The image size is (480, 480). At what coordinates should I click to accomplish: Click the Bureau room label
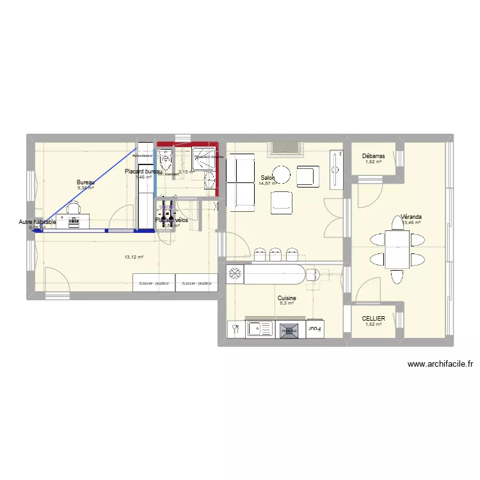pyautogui.click(x=86, y=182)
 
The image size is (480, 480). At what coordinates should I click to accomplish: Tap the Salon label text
pyautogui.click(x=268, y=178)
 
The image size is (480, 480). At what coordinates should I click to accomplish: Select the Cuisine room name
pyautogui.click(x=286, y=298)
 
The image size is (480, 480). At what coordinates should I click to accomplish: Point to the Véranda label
pyautogui.click(x=412, y=217)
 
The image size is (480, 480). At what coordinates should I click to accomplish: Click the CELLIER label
pyautogui.click(x=373, y=318)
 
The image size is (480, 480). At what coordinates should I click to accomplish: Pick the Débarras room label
pyautogui.click(x=373, y=156)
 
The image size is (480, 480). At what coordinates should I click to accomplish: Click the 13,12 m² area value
pyautogui.click(x=134, y=257)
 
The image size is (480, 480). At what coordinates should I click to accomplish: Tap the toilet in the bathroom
pyautogui.click(x=166, y=158)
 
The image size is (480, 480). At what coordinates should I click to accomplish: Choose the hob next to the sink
pyautogui.click(x=287, y=330)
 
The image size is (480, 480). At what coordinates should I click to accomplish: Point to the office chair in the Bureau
pyautogui.click(x=74, y=207)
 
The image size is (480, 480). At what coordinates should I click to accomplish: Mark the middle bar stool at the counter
pyautogui.click(x=276, y=253)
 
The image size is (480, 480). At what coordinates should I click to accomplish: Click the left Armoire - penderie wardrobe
pyautogui.click(x=154, y=282)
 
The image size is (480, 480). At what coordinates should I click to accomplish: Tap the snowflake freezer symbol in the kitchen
pyautogui.click(x=235, y=274)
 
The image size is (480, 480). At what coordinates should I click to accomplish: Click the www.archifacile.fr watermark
pyautogui.click(x=440, y=364)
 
